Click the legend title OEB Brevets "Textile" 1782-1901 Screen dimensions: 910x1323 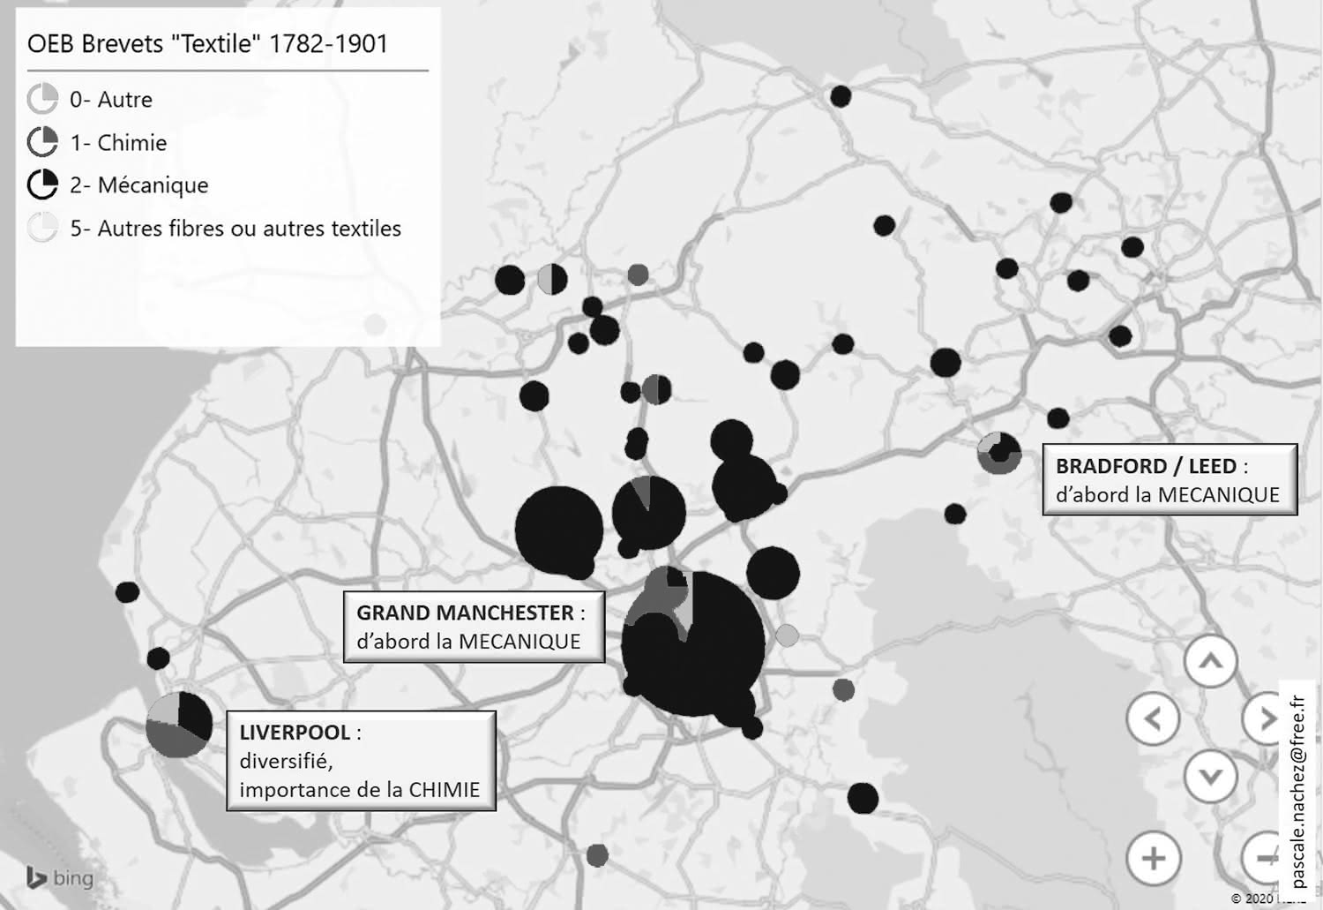coord(207,44)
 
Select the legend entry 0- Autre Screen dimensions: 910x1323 coord(110,100)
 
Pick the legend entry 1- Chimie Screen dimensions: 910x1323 coord(118,143)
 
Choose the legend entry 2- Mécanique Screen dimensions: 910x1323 coord(138,185)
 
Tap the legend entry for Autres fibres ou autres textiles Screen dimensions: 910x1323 coord(235,229)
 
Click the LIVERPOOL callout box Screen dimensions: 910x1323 coord(361,760)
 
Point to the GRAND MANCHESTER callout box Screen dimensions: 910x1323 coord(474,627)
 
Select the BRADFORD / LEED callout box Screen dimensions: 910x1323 coord(1169,479)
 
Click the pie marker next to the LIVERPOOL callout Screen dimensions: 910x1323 coord(179,725)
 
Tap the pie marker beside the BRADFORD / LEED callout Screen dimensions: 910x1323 coord(999,453)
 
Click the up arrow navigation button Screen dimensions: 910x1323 coord(1210,661)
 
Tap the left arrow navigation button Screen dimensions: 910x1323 coord(1153,719)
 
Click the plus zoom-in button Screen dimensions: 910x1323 coord(1153,858)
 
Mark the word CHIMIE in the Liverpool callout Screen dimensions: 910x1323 coord(444,789)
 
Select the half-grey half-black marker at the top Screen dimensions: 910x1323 coord(552,279)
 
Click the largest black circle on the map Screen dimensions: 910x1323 coord(694,643)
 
